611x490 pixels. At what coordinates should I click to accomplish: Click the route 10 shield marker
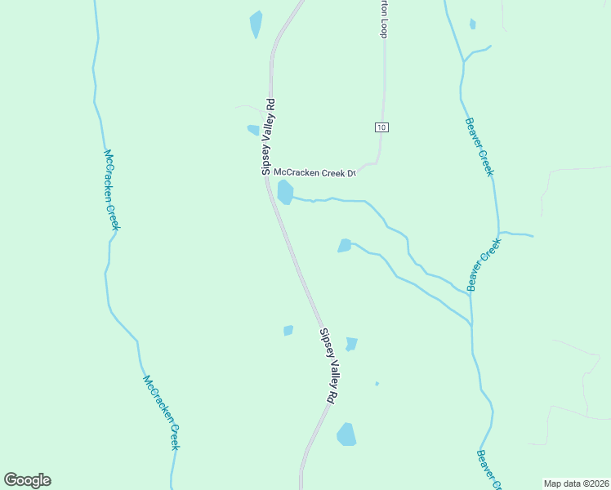point(381,127)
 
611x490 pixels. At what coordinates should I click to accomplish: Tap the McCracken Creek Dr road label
point(314,172)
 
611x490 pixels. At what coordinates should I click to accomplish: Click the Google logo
point(27,479)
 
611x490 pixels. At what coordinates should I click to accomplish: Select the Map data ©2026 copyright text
point(576,483)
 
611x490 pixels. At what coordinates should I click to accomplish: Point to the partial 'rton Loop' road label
point(381,19)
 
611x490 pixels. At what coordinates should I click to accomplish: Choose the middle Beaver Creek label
point(484,265)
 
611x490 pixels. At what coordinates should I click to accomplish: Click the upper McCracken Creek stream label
point(111,189)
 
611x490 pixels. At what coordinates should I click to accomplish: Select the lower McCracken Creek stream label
point(161,412)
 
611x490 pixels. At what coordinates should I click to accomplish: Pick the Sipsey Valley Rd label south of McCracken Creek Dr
point(328,364)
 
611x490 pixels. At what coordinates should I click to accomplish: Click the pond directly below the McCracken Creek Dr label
point(285,193)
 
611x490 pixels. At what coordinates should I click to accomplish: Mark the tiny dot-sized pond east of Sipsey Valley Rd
point(377,383)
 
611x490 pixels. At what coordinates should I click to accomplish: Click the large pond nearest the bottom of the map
point(347,434)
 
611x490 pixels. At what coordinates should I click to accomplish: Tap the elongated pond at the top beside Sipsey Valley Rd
point(256,24)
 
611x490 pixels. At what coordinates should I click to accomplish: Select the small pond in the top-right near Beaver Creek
point(473,24)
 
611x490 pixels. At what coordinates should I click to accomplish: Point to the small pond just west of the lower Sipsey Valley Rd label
point(288,331)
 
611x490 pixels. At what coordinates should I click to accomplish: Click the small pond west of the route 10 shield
point(253,130)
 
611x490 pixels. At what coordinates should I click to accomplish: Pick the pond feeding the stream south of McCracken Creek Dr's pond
point(345,245)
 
